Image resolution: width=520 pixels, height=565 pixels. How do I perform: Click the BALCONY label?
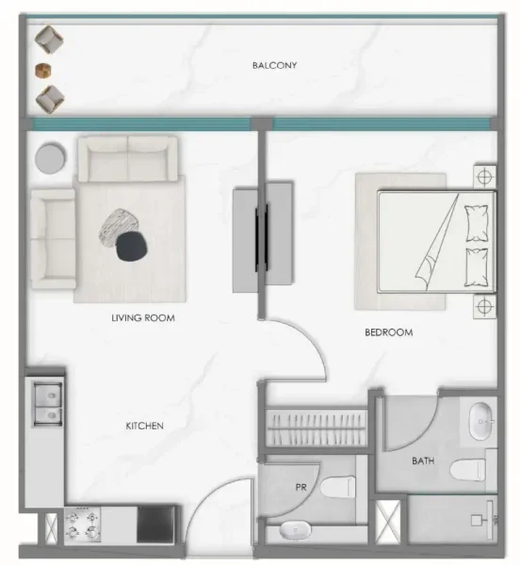274,66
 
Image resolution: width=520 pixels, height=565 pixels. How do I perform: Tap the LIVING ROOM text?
143,318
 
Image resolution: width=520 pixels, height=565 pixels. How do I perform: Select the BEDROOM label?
388,333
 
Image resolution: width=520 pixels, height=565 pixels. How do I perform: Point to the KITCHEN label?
145,427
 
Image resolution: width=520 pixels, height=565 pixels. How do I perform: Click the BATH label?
423,461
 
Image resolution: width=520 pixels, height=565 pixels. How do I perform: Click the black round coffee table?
132,246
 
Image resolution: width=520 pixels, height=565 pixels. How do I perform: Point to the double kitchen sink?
44,401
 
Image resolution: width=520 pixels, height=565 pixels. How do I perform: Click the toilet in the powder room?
336,488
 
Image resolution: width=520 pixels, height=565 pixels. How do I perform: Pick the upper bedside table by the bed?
483,176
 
